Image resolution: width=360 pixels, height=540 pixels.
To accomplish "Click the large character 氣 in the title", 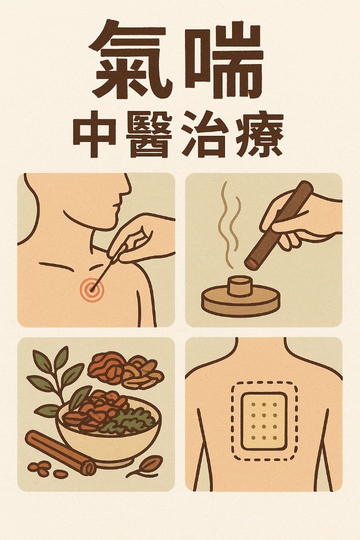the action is point(132,58).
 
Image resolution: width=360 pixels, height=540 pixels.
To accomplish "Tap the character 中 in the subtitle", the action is point(94,134).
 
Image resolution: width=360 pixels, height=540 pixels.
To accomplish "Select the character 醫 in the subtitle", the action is point(149,134).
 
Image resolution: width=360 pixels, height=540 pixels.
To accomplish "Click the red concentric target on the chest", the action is point(91,289).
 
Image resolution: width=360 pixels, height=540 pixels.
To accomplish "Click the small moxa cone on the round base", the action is point(240,286).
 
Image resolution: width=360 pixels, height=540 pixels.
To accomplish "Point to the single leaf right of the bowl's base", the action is point(146,465).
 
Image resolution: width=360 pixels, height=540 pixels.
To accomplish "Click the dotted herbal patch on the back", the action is point(264,421).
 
